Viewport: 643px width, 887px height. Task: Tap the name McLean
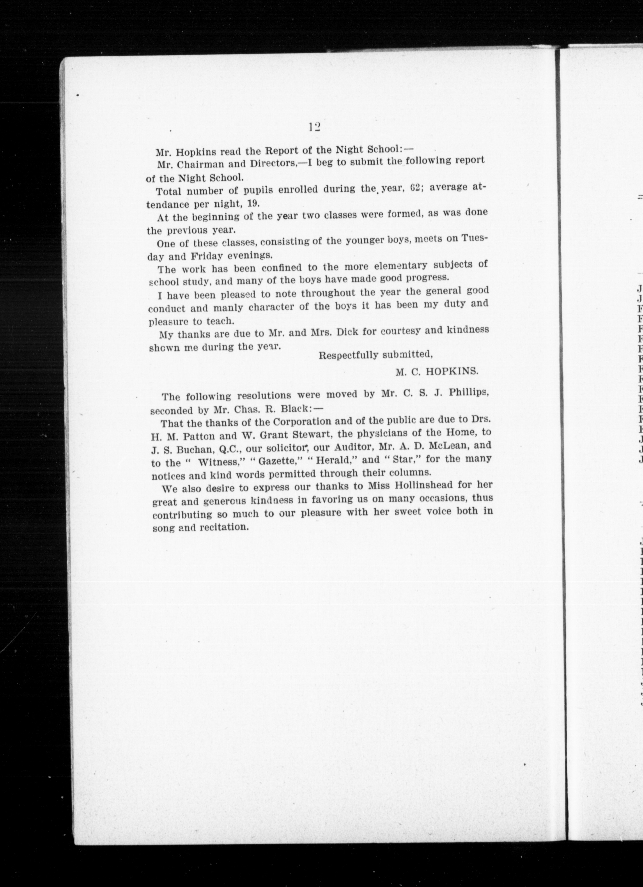click(448, 446)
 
